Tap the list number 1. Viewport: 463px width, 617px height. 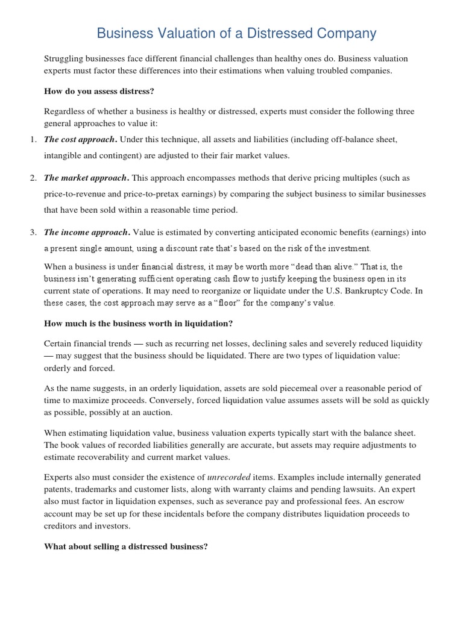[x=33, y=140]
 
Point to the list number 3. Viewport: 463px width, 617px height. [x=33, y=233]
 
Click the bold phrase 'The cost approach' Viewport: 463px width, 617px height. [x=79, y=140]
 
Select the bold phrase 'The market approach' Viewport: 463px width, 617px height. [x=86, y=178]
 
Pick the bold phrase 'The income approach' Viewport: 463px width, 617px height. [x=86, y=233]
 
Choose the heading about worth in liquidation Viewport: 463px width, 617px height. [x=138, y=324]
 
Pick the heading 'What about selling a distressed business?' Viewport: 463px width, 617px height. [x=126, y=547]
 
